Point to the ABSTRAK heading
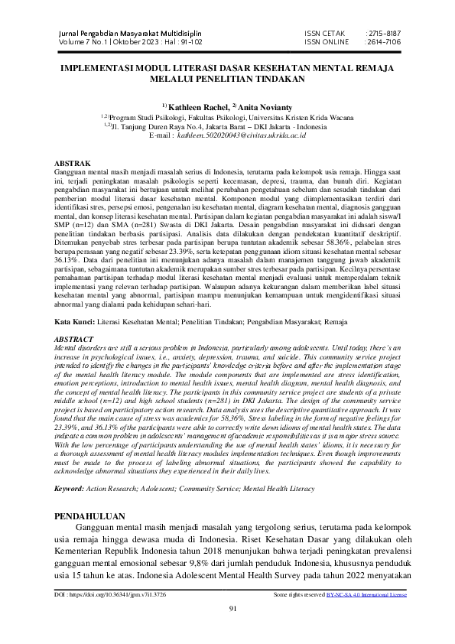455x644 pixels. pos(74,164)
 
